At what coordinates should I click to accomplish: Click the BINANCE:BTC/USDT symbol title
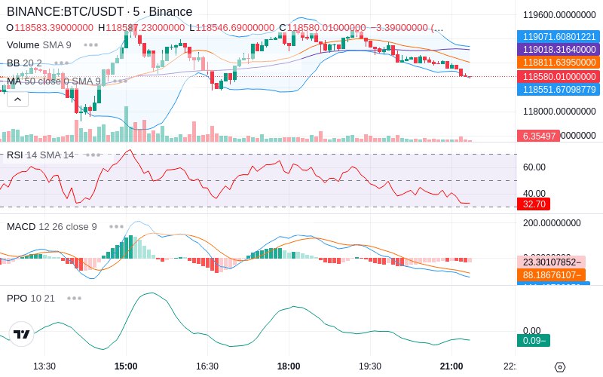point(66,12)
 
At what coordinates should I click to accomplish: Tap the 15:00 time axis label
point(125,366)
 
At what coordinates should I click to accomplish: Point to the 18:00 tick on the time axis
point(289,366)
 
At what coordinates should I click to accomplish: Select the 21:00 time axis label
point(451,366)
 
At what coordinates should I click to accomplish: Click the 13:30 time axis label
point(44,366)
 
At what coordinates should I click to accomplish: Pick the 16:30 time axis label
point(207,366)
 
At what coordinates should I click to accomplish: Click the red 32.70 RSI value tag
point(534,204)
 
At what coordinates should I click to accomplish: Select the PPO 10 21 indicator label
point(31,298)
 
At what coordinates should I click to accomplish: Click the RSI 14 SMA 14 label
point(41,155)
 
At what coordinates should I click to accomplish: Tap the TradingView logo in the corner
point(22,334)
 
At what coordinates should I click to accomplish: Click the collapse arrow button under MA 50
point(17,99)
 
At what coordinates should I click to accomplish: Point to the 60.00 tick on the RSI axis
point(534,167)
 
